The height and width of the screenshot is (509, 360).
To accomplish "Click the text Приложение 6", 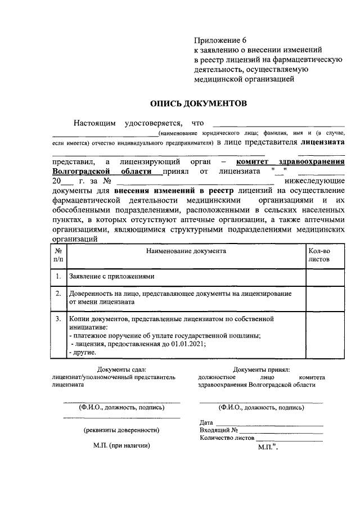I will click(220, 40).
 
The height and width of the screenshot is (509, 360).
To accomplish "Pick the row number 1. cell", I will click(58, 277).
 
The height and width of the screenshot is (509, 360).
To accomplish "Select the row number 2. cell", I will click(58, 294).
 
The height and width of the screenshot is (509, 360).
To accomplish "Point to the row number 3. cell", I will click(58, 318).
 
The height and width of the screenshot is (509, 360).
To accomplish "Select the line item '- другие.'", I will click(82, 352).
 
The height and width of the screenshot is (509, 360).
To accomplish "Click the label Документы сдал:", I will click(121, 370).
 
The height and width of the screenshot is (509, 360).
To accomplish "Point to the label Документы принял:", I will click(262, 370).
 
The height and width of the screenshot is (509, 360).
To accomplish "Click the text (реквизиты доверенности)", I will click(121, 430).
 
